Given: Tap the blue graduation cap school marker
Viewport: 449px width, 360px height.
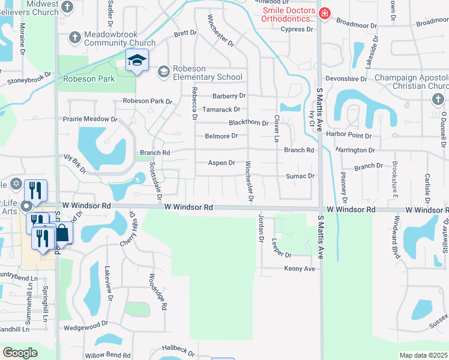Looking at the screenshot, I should (137, 61).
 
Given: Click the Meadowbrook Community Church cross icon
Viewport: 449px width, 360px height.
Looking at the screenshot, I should (75, 37).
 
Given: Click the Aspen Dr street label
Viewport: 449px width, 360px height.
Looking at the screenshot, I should (221, 163).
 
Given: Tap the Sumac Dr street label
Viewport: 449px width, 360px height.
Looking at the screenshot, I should (300, 176).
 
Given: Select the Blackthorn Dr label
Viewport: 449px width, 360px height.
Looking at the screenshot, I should (249, 123).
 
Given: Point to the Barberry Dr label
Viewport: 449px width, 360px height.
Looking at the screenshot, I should (229, 96).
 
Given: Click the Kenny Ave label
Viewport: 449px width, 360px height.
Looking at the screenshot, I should (300, 269).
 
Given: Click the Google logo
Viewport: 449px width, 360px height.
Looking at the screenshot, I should (20, 353).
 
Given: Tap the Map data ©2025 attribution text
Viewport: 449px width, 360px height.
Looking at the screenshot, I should (423, 355).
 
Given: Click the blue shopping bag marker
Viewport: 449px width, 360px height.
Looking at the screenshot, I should (62, 234).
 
